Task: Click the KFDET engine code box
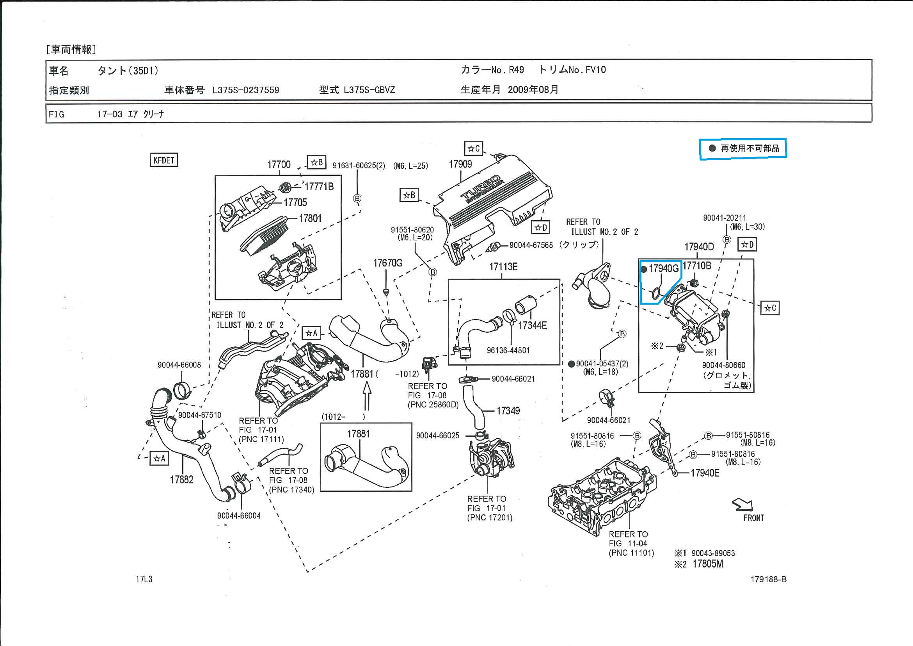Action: pos(163,160)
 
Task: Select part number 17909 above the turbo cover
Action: pos(460,164)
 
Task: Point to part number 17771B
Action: pos(319,186)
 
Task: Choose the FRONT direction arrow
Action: pos(742,505)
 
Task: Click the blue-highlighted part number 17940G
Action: pos(663,268)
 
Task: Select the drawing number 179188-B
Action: pos(768,579)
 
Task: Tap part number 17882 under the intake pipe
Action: pos(181,480)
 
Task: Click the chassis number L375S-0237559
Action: pos(245,90)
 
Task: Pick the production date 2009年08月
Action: pos(533,89)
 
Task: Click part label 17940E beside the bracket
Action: pos(705,473)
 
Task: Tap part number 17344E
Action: pos(532,326)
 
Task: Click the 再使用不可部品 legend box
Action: pos(742,148)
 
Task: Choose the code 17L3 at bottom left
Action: pos(144,579)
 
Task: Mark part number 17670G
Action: pos(387,263)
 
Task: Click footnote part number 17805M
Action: pos(707,564)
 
